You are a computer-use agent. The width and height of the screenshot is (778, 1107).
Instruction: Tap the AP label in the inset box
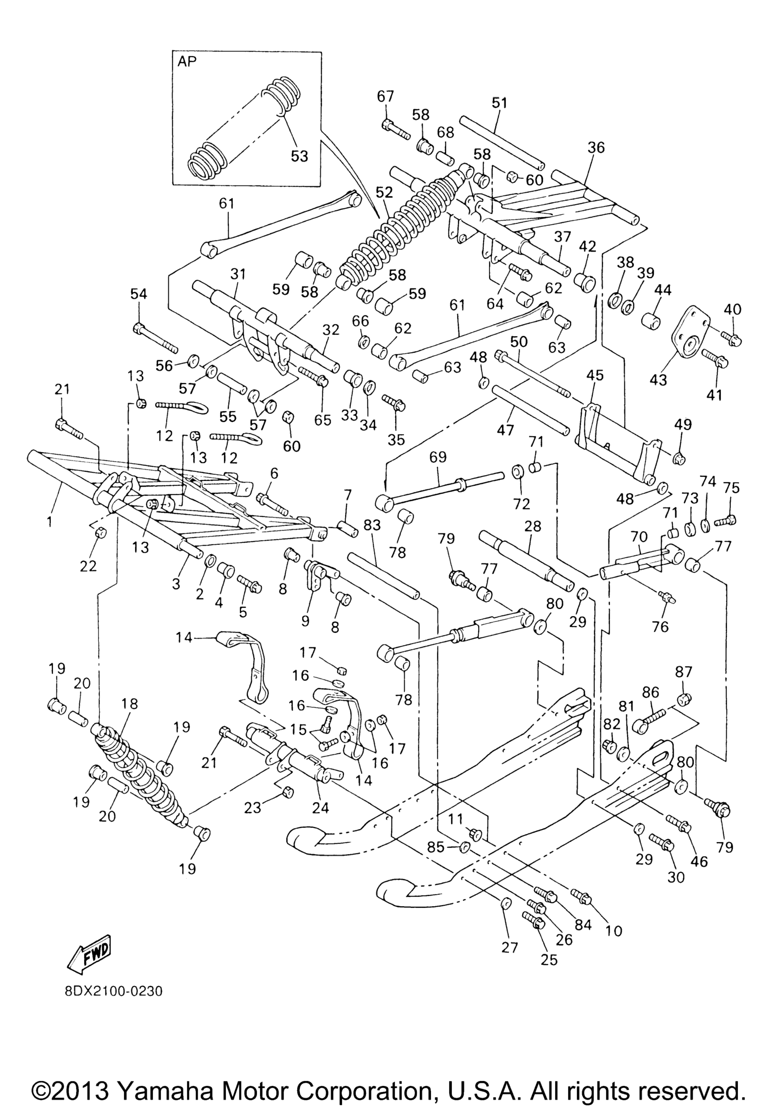188,63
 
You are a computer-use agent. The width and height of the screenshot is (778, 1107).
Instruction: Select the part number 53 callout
299,156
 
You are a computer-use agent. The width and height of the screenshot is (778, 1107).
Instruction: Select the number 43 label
658,379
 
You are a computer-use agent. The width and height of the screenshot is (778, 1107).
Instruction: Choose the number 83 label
372,525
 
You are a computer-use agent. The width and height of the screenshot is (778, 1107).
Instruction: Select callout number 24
321,807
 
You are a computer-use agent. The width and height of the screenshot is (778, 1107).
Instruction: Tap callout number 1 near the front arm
50,522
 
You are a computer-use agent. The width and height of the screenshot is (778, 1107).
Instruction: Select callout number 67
386,96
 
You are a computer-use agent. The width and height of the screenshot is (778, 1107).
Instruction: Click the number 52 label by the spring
384,193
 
